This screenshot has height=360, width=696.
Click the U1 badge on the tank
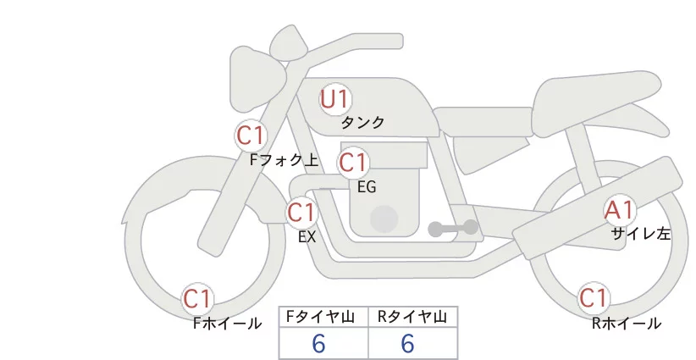[x=335, y=99]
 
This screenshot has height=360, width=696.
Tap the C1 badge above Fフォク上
[x=251, y=135]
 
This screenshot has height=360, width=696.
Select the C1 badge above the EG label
[x=353, y=162]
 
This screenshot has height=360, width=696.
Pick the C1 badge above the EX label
[x=302, y=212]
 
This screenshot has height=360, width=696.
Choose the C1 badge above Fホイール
[x=198, y=299]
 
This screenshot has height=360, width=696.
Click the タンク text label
[x=362, y=123]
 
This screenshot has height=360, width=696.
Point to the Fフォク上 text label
[x=284, y=158]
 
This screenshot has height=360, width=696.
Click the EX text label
[x=307, y=237]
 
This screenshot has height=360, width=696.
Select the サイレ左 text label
[x=640, y=235]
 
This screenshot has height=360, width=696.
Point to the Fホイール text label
[x=227, y=323]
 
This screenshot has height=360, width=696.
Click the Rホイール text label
[x=627, y=323]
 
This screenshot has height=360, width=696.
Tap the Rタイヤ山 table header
[x=412, y=317]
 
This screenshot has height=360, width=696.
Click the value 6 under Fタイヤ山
[x=318, y=343]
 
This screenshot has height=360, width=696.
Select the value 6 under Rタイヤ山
[x=406, y=343]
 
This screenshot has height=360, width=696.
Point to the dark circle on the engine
[x=384, y=219]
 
